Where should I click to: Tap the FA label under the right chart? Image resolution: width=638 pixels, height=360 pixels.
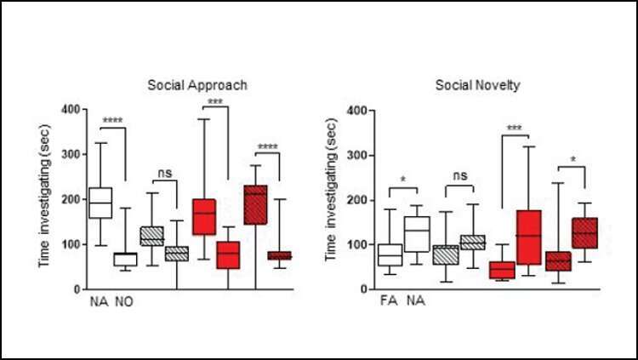click(390, 302)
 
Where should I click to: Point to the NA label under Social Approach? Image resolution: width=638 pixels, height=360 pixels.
click(100, 302)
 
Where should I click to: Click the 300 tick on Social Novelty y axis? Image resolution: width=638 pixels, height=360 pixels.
click(356, 156)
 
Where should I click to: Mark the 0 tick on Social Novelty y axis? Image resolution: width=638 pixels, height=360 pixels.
click(362, 290)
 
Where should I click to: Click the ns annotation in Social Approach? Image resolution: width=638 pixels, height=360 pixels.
click(165, 174)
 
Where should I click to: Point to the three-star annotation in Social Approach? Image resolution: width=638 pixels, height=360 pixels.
click(217, 104)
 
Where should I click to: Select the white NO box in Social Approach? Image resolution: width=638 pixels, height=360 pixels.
click(126, 259)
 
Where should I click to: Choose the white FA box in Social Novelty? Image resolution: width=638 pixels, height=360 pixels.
click(390, 254)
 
